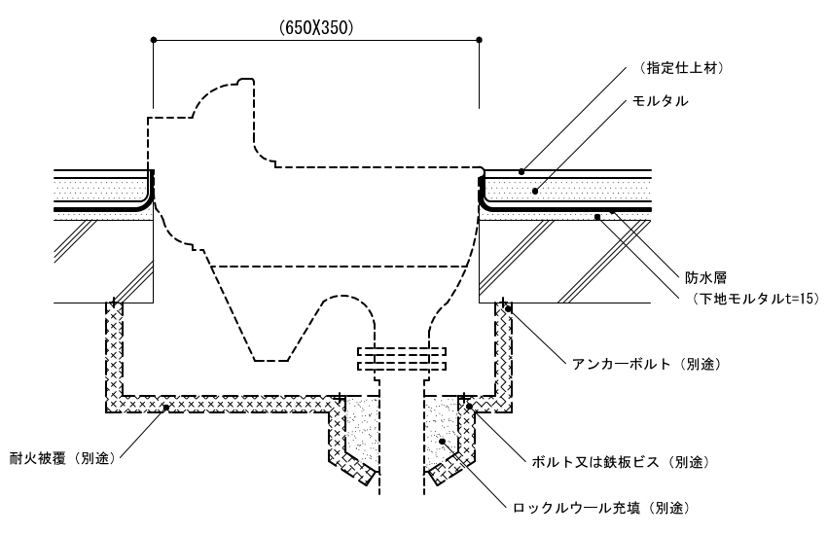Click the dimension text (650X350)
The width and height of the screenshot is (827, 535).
coord(315,28)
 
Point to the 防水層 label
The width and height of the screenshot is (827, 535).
coord(697,275)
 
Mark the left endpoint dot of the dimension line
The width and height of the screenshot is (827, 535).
coord(154,39)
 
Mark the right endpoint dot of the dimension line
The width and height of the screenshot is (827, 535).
coord(480,39)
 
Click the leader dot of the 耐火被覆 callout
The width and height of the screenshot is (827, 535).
coord(166,407)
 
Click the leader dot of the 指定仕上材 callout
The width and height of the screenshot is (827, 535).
coord(521,171)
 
